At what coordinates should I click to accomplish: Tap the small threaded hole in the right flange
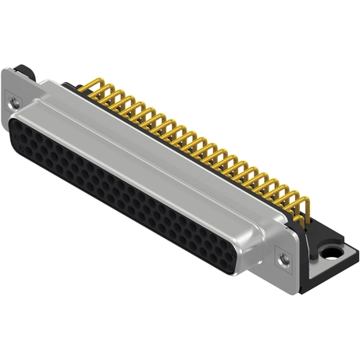coord(284,254)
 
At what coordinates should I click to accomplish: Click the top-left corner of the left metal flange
coord(6,73)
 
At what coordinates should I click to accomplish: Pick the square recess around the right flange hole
coord(285,254)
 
